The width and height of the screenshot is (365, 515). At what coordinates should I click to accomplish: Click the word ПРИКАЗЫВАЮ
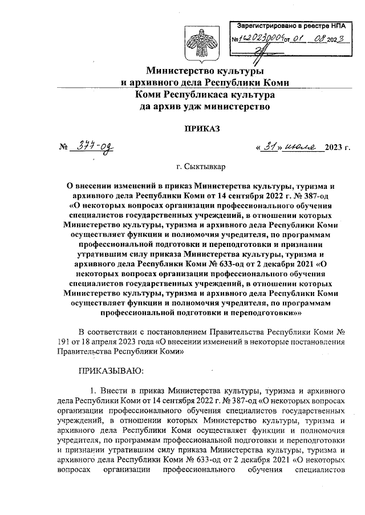pos(111,371)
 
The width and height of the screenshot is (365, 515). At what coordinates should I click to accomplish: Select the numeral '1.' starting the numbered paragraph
pos(95,390)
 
